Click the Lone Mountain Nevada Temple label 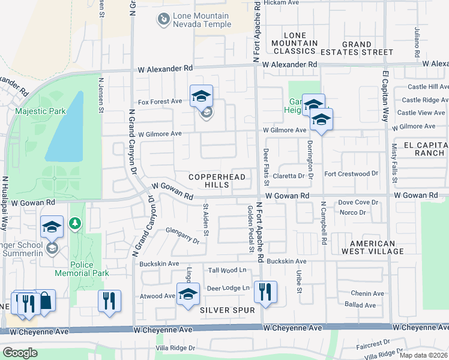click(201, 20)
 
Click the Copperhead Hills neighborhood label click(209, 181)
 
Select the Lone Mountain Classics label click(294, 43)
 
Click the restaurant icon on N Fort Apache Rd click(265, 292)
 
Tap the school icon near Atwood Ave click(188, 294)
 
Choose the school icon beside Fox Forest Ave click(202, 96)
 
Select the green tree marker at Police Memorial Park click(75, 224)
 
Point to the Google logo click(20, 353)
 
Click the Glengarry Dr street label click(178, 237)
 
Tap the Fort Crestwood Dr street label click(351, 174)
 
